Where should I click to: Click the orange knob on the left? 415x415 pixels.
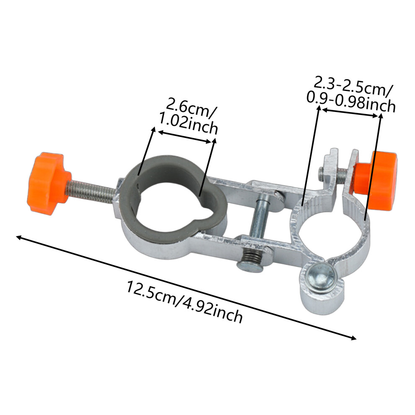[x=48, y=183]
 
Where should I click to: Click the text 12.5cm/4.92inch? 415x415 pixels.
[x=184, y=301]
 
